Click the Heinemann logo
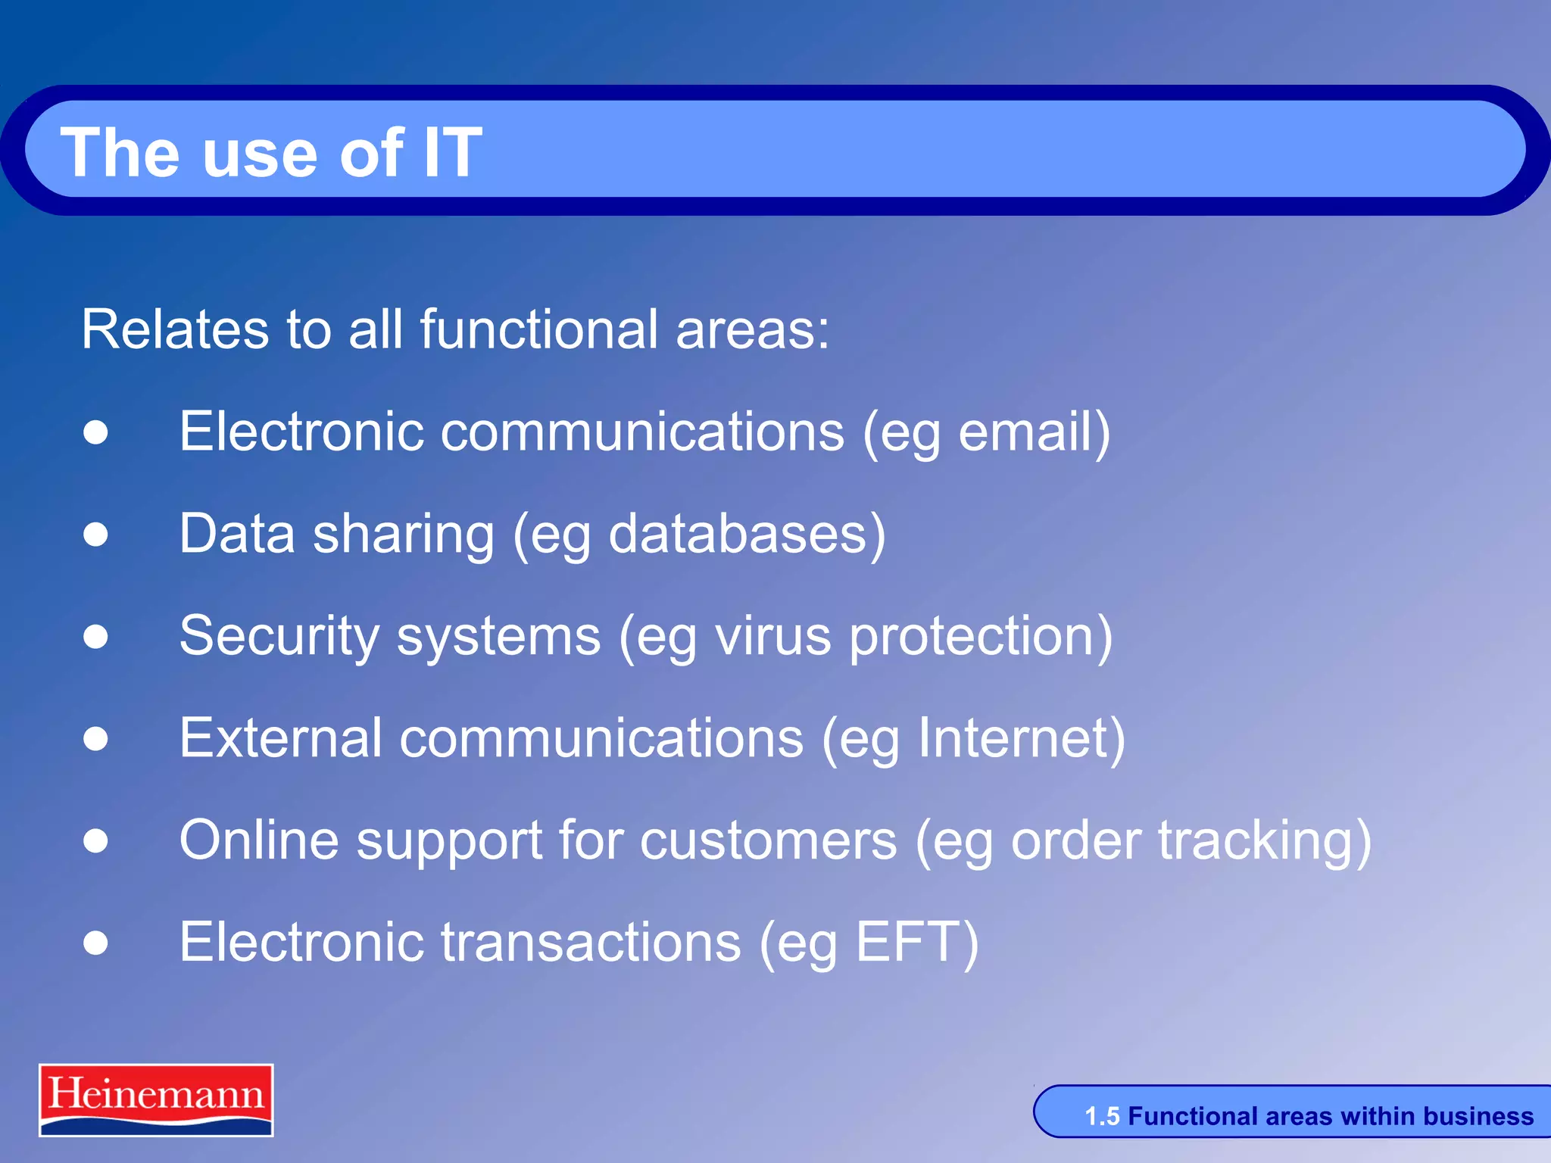click(156, 1099)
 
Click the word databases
click(738, 534)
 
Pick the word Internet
click(1013, 738)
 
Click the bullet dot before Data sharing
click(96, 535)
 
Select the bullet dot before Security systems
click(96, 637)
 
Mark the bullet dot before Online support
click(96, 840)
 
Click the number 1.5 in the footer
click(1102, 1117)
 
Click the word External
click(280, 738)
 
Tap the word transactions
click(591, 943)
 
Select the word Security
click(279, 636)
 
